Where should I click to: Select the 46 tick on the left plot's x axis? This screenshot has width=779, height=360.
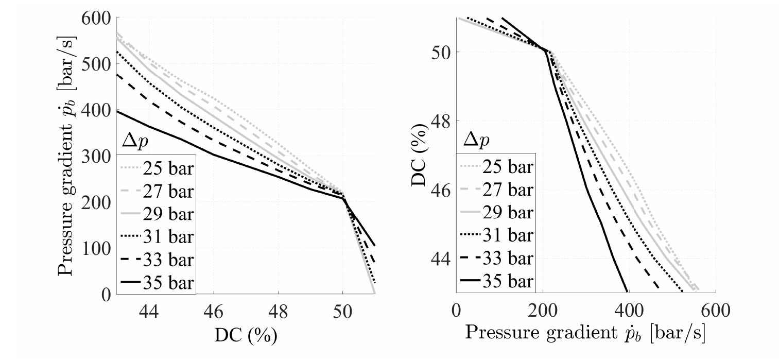(x=213, y=311)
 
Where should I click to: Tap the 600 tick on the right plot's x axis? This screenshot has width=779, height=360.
(x=715, y=311)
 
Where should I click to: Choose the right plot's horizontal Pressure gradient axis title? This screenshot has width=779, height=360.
(x=585, y=333)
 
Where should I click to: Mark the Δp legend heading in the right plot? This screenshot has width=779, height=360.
(x=476, y=140)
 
